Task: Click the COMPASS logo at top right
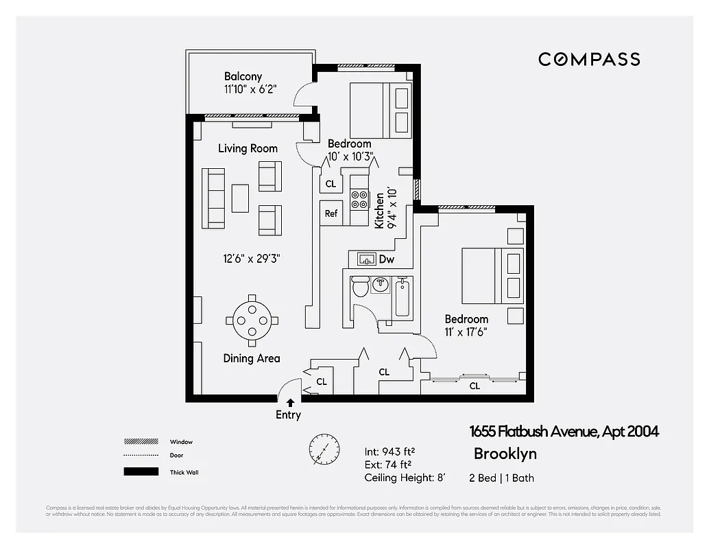click(x=589, y=59)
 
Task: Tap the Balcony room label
click(x=243, y=77)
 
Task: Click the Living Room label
click(x=248, y=148)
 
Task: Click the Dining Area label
click(x=251, y=358)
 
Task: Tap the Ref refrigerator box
click(x=331, y=213)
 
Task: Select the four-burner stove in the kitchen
click(x=359, y=200)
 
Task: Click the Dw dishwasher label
click(x=386, y=260)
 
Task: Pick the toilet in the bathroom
click(x=359, y=288)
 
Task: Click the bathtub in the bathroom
click(x=403, y=298)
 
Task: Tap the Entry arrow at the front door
click(x=290, y=403)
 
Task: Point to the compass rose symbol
click(x=324, y=449)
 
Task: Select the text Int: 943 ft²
click(x=389, y=452)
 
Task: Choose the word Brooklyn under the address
click(x=505, y=454)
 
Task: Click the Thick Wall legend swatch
click(x=141, y=472)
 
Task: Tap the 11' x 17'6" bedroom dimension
click(x=466, y=331)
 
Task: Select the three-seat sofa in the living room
click(x=213, y=198)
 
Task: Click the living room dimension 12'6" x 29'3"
click(x=251, y=259)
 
